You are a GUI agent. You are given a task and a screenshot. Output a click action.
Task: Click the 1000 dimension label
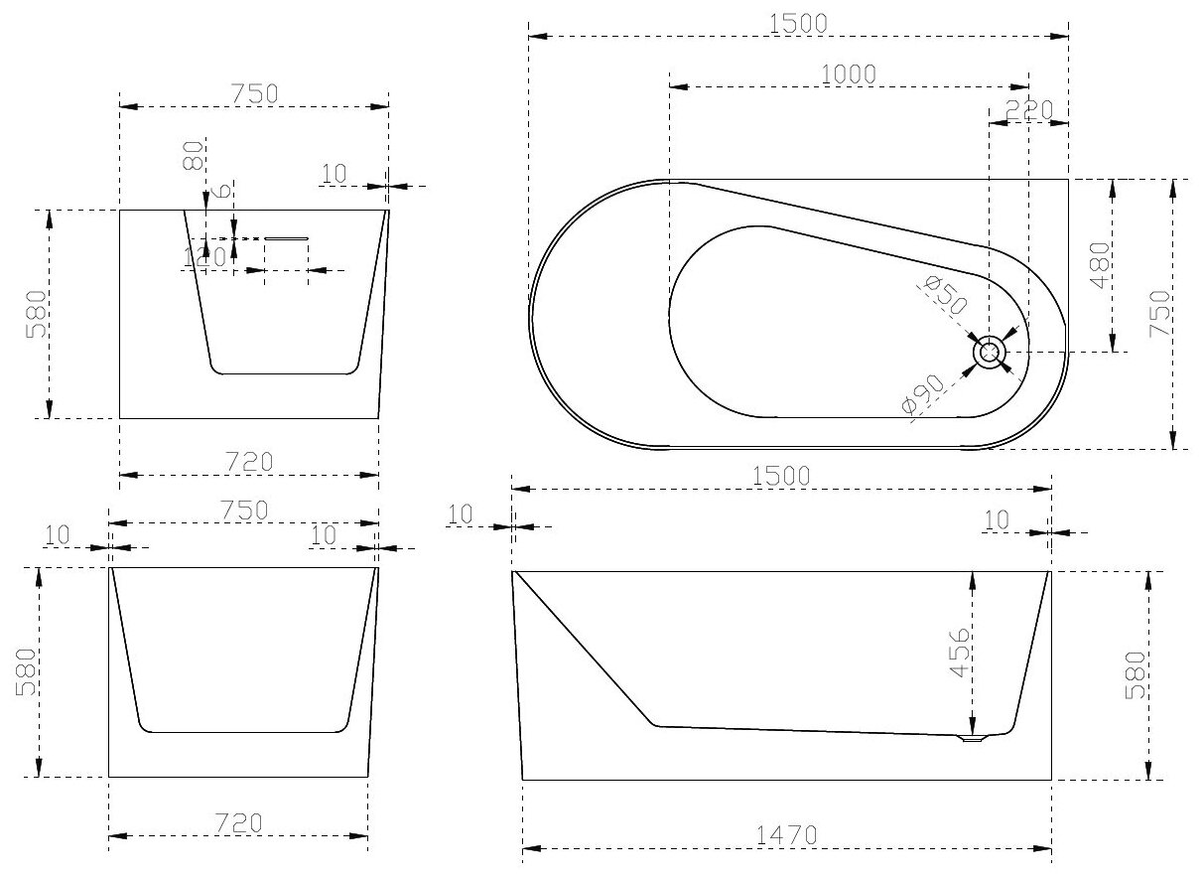coord(849,73)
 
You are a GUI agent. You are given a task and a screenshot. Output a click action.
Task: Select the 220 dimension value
coord(1028,110)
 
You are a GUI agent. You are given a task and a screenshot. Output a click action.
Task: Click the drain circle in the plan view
coord(990,352)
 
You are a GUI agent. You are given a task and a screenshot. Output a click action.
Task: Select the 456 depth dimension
coord(960,653)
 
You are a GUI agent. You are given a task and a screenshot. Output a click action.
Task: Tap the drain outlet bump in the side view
coord(973,738)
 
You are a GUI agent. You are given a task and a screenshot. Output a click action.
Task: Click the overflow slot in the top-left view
coord(287,237)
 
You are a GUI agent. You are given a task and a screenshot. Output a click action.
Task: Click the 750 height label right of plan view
coord(1160,314)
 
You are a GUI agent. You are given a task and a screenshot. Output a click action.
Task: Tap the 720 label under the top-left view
coord(247,462)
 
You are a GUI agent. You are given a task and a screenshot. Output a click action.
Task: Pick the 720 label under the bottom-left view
coord(237,822)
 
